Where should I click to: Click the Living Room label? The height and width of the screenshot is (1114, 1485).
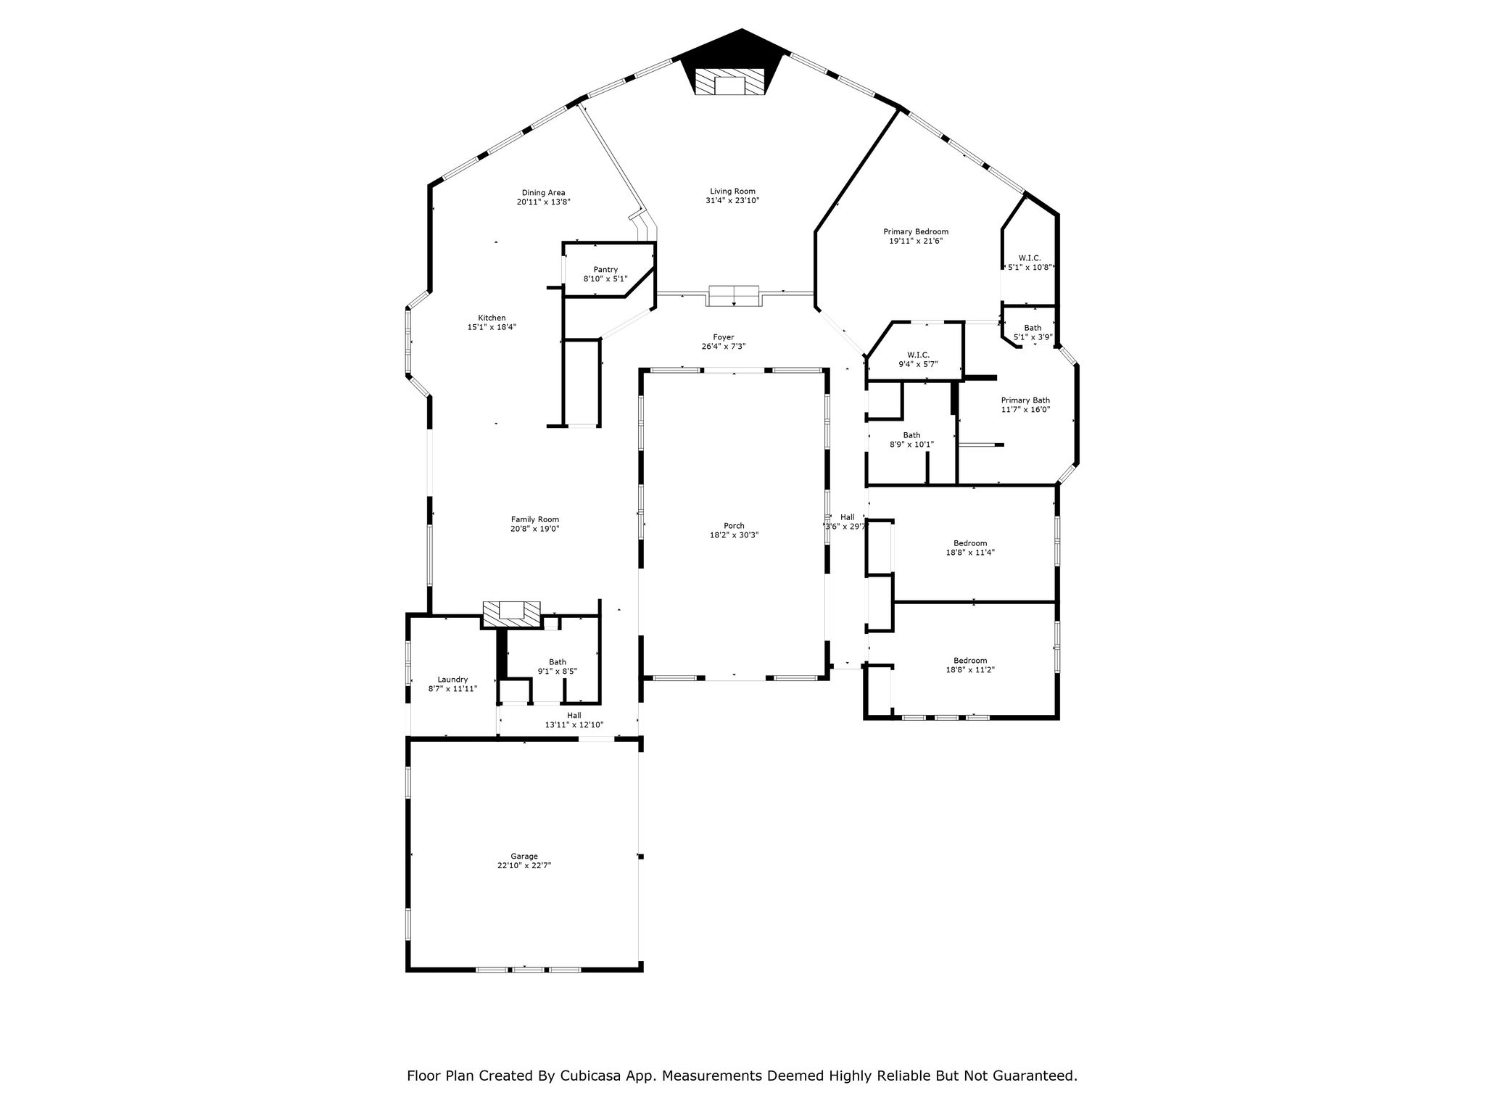[x=732, y=191]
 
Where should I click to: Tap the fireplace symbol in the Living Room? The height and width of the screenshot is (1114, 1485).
[x=729, y=82]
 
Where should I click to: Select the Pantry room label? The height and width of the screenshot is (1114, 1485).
[x=605, y=270]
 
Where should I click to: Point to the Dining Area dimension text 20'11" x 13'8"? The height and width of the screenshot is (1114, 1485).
[x=543, y=202]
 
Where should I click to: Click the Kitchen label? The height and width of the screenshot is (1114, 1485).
[x=492, y=318]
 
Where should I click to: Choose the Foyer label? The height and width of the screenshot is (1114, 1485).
[x=723, y=337]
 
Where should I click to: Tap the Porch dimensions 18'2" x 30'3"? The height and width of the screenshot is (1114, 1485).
[x=734, y=535]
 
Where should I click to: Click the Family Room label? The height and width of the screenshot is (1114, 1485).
[x=535, y=519]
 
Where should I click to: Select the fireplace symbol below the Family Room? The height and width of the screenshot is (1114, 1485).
[x=513, y=614]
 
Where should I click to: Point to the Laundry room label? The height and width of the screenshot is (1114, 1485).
[x=452, y=680]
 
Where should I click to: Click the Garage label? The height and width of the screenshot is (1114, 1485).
[x=524, y=857]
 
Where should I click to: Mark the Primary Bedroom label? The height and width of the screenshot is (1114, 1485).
[x=916, y=232]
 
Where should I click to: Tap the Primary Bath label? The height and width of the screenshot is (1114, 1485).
[x=1025, y=400]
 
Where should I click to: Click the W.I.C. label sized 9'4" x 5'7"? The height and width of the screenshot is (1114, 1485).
[x=918, y=355]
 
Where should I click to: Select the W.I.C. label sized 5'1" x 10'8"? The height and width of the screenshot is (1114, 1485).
[x=1030, y=258]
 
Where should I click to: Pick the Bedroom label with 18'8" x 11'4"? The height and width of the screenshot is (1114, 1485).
[x=970, y=543]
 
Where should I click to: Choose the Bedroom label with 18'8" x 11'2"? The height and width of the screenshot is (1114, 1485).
[x=970, y=661]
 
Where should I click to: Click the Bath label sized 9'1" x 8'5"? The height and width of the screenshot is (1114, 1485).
[x=558, y=662]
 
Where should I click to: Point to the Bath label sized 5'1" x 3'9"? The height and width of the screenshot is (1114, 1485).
[x=1033, y=329]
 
